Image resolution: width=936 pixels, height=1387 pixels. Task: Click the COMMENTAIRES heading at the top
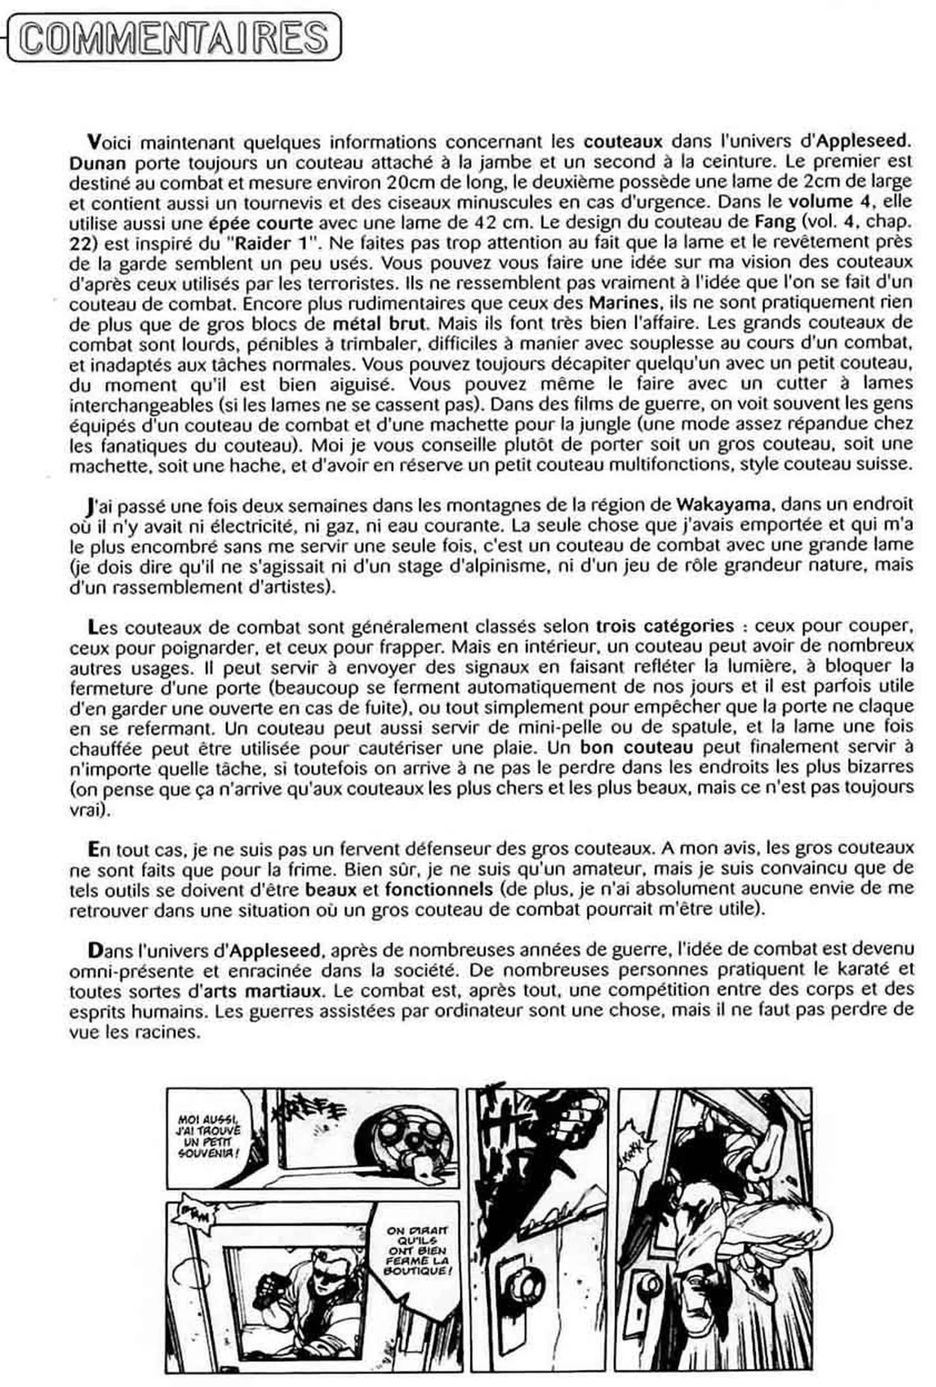(x=172, y=37)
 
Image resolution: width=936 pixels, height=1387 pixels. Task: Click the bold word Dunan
(x=97, y=163)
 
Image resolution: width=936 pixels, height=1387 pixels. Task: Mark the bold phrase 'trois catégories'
(x=665, y=625)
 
